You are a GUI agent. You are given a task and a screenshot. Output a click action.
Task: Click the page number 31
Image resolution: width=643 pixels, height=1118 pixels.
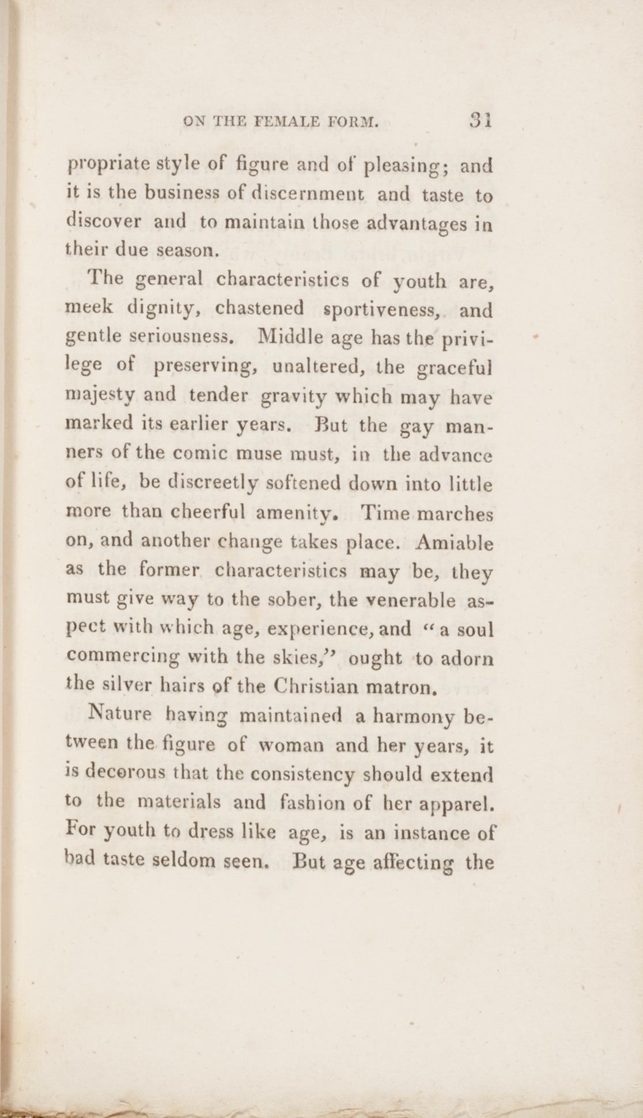tap(479, 121)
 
